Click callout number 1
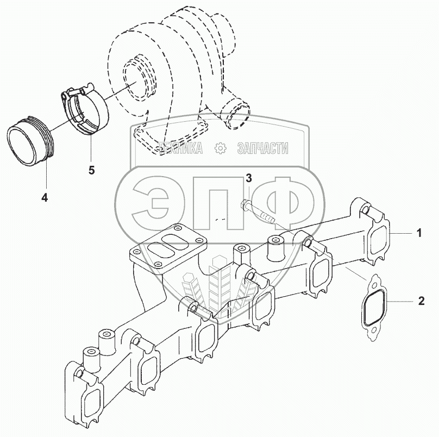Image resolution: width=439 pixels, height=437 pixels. (419, 234)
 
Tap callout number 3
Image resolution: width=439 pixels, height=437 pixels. (248, 178)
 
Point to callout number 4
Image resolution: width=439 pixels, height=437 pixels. (44, 198)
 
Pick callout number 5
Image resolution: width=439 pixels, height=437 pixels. (91, 170)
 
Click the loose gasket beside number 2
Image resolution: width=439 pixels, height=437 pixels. (374, 308)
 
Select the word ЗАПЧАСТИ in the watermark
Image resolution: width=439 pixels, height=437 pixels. (262, 148)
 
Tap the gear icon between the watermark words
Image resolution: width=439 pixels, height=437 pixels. (220, 148)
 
